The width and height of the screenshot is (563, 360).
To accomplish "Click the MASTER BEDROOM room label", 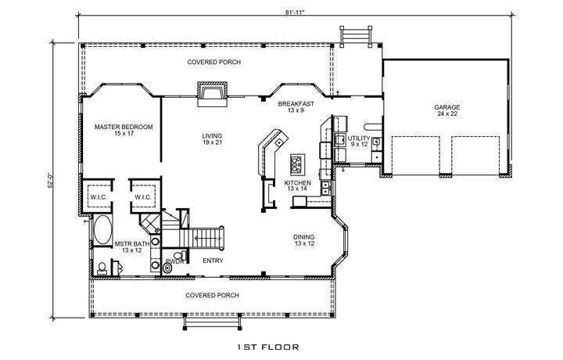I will pos(124,127).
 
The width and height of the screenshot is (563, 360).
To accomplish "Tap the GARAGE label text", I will pos(447,107).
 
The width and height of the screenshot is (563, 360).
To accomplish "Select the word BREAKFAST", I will pos(296,103).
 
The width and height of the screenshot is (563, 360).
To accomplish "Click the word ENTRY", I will pos(213,260).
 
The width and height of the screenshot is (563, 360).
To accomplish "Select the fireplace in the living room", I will pos(210,95).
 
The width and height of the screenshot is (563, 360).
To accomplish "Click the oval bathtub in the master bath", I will pos(102,230).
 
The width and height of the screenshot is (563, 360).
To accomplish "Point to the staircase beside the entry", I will pos(207,235).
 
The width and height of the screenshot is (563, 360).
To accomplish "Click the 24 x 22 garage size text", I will pos(447,115).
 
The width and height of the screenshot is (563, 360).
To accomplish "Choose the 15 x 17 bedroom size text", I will pos(124,135).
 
